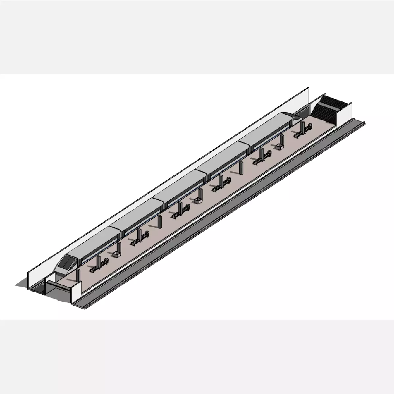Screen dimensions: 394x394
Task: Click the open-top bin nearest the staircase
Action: pyautogui.click(x=280, y=147)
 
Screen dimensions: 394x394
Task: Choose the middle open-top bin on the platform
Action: pyautogui.click(x=198, y=200)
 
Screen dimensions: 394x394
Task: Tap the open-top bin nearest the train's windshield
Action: pyautogui.click(x=116, y=254)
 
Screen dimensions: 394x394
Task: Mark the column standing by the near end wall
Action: pyautogui.click(x=79, y=275)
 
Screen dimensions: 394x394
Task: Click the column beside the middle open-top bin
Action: pyautogui.click(x=200, y=194)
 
